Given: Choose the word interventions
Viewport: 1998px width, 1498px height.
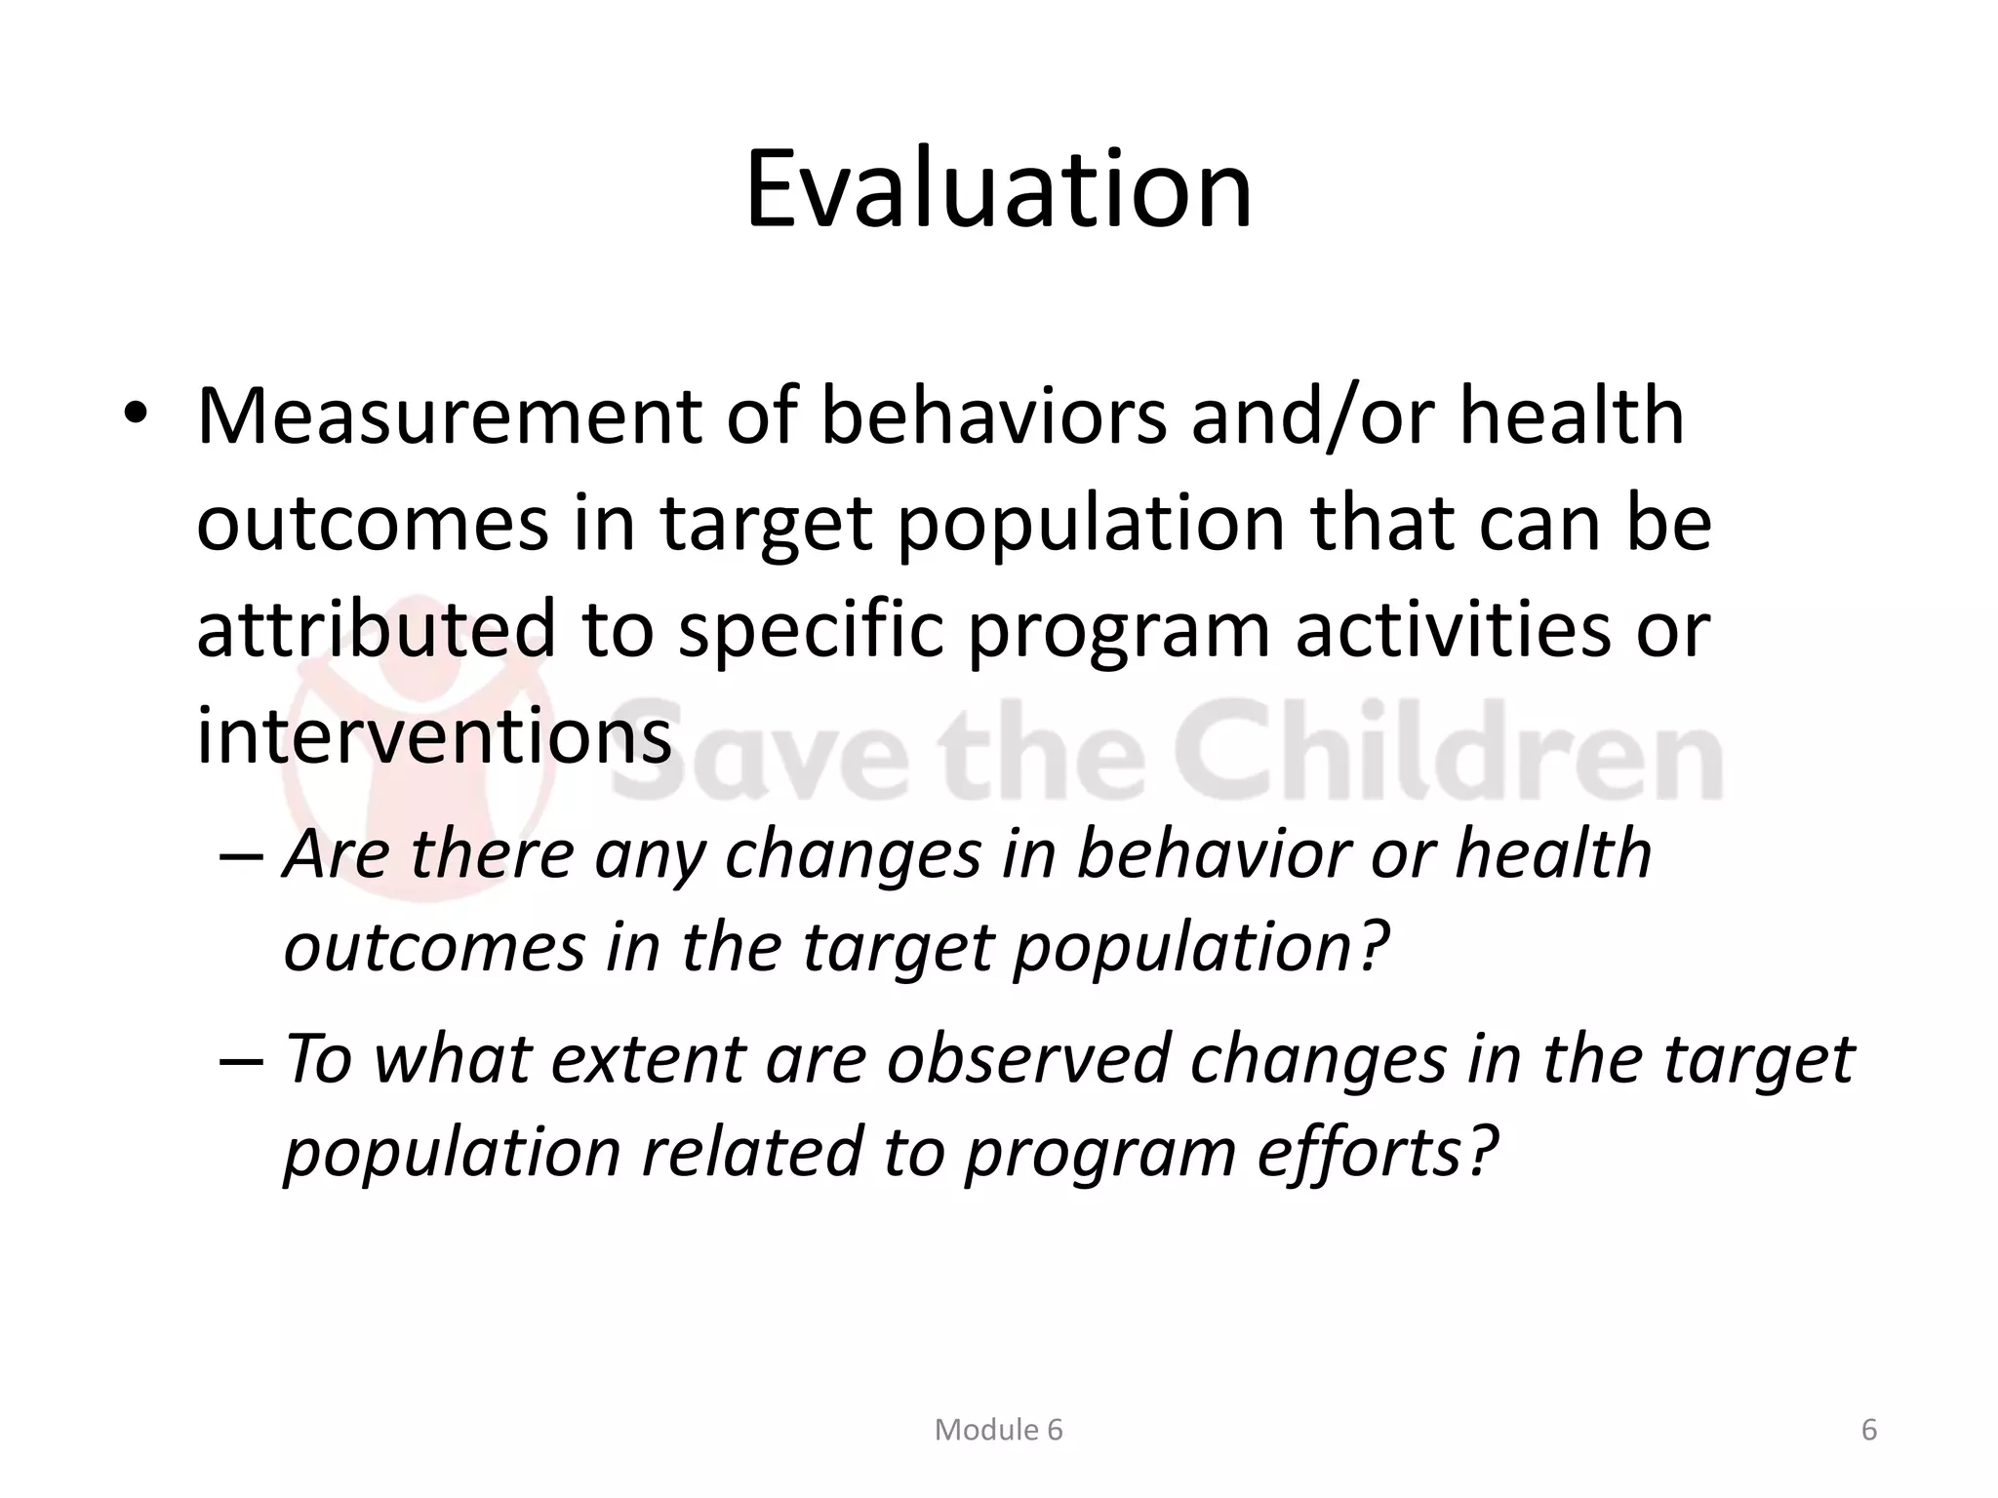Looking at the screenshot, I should pos(434,736).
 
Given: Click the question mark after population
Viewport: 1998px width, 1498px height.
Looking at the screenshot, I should pos(1372,946).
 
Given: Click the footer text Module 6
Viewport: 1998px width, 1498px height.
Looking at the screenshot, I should pos(998,1430).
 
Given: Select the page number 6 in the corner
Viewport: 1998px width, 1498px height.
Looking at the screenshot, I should pos(1869,1430).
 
